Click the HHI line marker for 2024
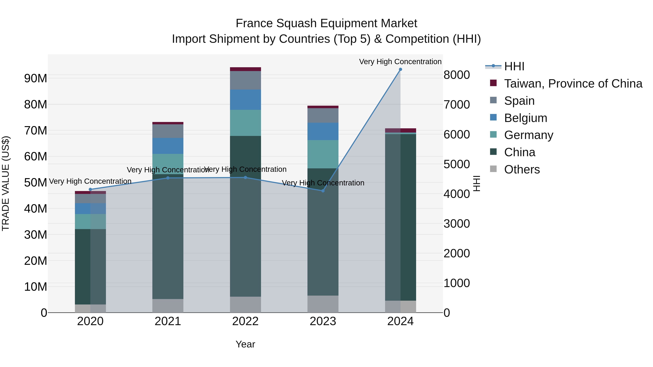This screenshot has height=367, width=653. click(x=400, y=69)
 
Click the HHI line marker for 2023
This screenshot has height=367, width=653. click(x=323, y=191)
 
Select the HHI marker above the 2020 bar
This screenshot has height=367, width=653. click(x=90, y=189)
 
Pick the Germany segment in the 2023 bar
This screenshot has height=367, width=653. click(x=323, y=154)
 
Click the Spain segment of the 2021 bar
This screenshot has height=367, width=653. click(x=168, y=131)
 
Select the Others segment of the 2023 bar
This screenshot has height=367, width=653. click(x=323, y=304)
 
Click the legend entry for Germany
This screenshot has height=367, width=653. click(x=529, y=135)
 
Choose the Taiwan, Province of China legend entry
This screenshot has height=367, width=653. click(x=573, y=84)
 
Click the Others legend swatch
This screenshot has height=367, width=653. click(x=493, y=169)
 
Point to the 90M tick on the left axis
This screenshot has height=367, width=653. click(x=36, y=78)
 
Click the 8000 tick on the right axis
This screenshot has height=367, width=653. click(x=457, y=75)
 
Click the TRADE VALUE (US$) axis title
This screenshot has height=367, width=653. click(x=6, y=183)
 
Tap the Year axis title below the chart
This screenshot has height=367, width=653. click(x=245, y=344)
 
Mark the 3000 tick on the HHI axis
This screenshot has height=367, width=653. click(x=457, y=224)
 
